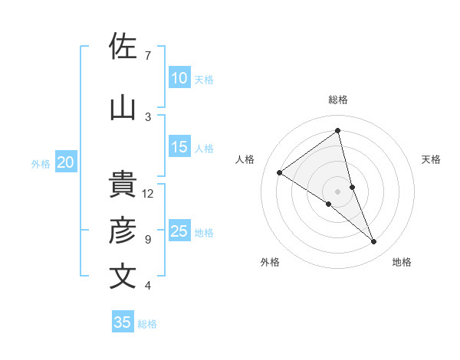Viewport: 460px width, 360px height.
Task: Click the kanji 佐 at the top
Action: coord(123,47)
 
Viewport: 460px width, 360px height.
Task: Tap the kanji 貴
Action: coord(123,185)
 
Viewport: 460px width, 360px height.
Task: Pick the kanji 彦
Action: coord(123,231)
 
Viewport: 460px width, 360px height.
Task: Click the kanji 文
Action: coord(123,277)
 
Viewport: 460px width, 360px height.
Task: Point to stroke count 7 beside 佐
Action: coord(147,56)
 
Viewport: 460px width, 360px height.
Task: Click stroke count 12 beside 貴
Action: coord(148,194)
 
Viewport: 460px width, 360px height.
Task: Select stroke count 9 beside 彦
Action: coord(147,240)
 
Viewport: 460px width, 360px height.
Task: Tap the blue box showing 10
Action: coord(179,78)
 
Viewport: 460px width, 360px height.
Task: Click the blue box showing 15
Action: coord(179,148)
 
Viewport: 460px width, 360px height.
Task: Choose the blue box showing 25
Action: coord(179,231)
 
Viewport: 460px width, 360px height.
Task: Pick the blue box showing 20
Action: coord(65,162)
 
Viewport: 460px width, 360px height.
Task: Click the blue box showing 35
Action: coord(122,322)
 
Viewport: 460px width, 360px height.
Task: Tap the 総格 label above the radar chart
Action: coord(337,100)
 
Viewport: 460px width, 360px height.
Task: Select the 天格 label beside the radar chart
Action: coord(432,159)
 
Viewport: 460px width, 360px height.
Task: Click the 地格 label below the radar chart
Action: coord(402,262)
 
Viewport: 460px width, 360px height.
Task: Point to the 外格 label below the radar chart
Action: coord(270,262)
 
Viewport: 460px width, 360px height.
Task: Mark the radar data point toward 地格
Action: coord(374,242)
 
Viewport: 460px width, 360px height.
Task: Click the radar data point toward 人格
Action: coord(279,172)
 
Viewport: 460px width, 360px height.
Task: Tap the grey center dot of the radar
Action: coord(337,191)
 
